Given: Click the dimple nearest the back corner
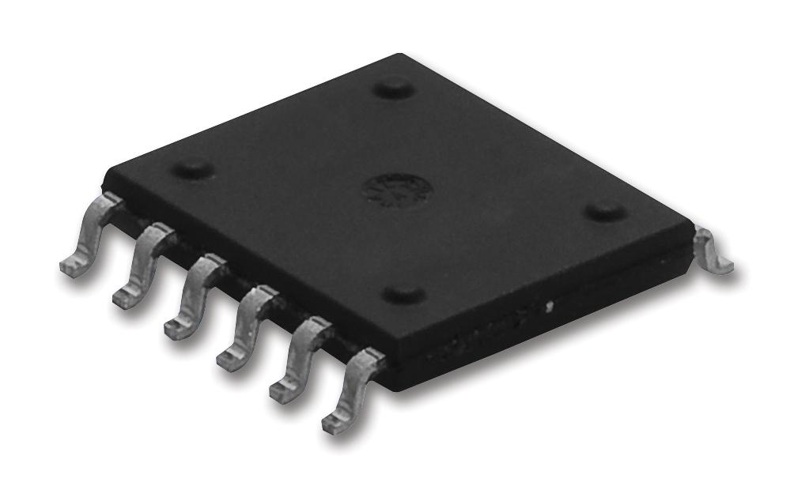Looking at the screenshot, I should [393, 88].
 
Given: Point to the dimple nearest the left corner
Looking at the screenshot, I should [192, 168].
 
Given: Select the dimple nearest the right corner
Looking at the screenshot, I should [606, 212].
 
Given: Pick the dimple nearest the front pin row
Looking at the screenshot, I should [403, 295].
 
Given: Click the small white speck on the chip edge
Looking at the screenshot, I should [549, 303].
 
